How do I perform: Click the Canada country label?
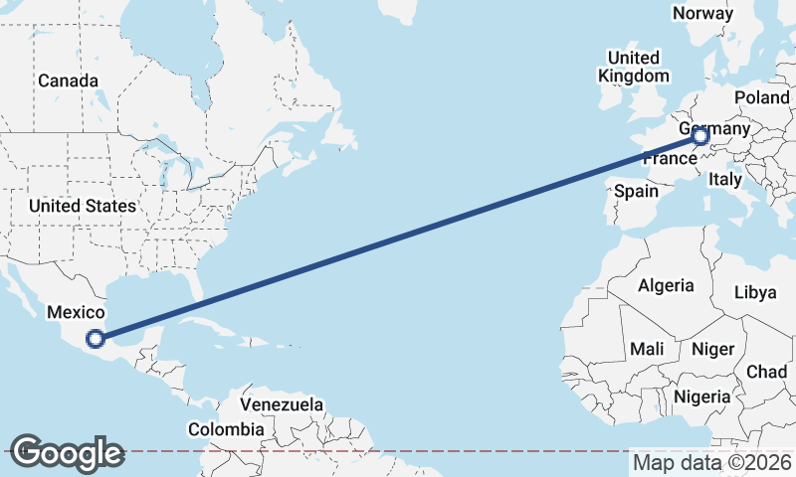(68, 80)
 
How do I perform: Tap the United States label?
(82, 206)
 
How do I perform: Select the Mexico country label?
(76, 312)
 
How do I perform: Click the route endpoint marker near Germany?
(700, 136)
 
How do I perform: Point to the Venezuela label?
(283, 405)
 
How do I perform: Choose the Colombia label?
(226, 429)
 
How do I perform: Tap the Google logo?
(67, 453)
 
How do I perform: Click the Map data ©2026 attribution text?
(711, 462)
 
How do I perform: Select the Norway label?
(702, 13)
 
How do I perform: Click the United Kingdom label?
(634, 67)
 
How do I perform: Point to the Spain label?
(637, 190)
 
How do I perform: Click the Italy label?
(725, 180)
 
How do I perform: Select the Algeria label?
(666, 285)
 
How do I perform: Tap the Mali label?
(647, 349)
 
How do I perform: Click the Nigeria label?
(702, 397)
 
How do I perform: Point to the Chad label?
(766, 371)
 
